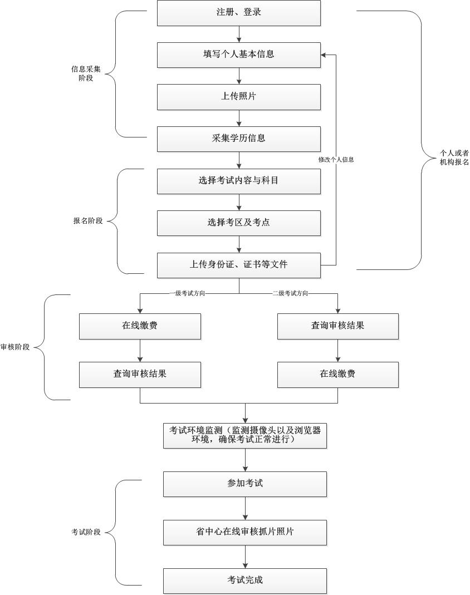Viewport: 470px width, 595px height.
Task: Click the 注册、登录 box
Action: coord(238,12)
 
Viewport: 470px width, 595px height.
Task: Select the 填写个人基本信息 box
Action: coord(238,55)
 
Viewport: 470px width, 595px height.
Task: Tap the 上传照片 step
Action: coord(238,97)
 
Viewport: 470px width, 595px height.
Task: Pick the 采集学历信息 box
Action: coord(238,139)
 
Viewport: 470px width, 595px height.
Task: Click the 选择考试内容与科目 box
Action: coord(238,181)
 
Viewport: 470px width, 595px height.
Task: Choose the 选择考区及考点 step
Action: coord(238,223)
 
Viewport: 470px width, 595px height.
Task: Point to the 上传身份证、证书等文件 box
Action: coord(238,265)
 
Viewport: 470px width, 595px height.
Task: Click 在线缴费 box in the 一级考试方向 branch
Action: coord(140,326)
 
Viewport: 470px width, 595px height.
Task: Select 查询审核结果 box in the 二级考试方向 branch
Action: coord(337,326)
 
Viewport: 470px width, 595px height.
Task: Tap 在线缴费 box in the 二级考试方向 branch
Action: coord(337,375)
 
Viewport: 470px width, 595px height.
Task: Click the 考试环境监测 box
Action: coord(245,435)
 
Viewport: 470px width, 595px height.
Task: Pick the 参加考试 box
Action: coord(245,484)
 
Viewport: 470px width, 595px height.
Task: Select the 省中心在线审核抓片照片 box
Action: coord(245,532)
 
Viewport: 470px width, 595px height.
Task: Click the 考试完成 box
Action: coord(245,581)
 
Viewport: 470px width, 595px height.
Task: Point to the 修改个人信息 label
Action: coord(336,159)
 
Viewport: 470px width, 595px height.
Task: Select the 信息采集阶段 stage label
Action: coord(86,74)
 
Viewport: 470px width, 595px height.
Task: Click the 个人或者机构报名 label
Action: coord(454,157)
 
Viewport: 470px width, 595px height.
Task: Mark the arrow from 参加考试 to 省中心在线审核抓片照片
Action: coord(245,508)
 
